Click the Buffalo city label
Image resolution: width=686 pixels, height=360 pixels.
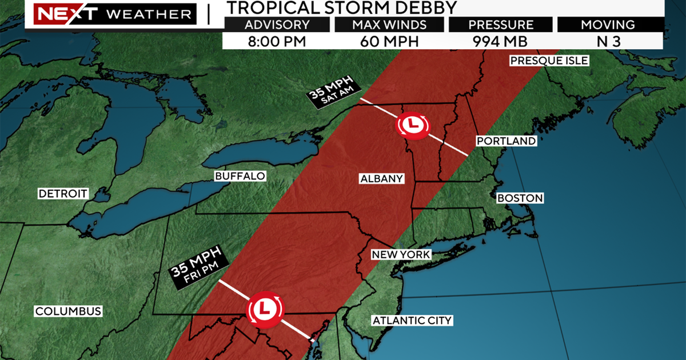pyautogui.click(x=240, y=176)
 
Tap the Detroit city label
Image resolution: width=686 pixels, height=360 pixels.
pyautogui.click(x=63, y=194)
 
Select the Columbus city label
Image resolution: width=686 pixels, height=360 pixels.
pyautogui.click(x=68, y=311)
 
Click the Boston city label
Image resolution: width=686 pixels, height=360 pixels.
pyautogui.click(x=520, y=198)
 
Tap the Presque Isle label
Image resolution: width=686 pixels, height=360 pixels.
pyautogui.click(x=549, y=61)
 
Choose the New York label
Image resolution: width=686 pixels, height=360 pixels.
pyautogui.click(x=400, y=254)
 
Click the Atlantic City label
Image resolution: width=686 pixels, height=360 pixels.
pyautogui.click(x=412, y=321)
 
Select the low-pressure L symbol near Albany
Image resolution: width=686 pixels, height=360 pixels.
pyautogui.click(x=412, y=125)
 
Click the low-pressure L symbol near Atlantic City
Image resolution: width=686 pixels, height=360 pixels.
pyautogui.click(x=264, y=309)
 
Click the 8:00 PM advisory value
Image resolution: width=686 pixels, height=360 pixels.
pyautogui.click(x=277, y=41)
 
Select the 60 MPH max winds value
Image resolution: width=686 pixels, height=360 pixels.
pyautogui.click(x=388, y=41)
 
